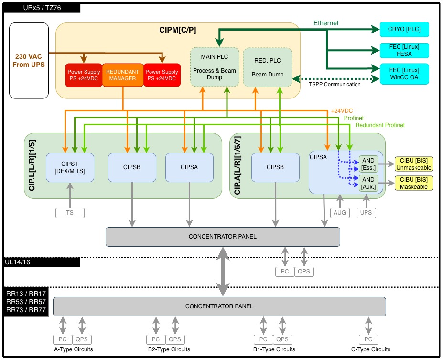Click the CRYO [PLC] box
pos(404,29)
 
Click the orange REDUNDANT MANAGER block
pos(123,75)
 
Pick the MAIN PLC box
pos(215,66)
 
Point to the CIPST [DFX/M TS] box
pos(70,167)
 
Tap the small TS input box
pos(70,213)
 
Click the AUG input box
pos(340,212)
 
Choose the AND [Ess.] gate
pos(368,164)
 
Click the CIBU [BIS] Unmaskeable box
pos(414,164)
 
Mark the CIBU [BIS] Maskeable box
pos(414,183)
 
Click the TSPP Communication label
pos(334,84)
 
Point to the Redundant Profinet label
pos(380,125)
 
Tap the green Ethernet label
pos(326,23)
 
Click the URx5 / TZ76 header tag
pos(42,8)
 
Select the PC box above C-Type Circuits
pos(368,339)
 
